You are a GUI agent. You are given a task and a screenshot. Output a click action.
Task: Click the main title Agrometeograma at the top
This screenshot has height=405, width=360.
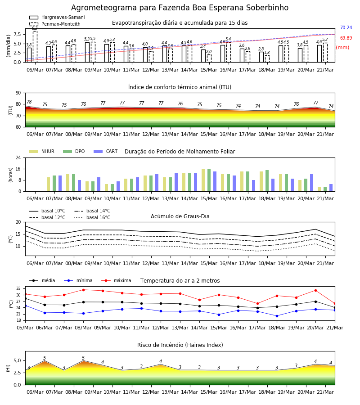click(x=180, y=8)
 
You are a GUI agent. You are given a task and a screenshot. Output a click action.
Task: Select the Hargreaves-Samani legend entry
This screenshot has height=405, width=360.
click(x=57, y=17)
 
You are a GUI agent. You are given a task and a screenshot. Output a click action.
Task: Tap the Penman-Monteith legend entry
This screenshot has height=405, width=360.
click(x=55, y=24)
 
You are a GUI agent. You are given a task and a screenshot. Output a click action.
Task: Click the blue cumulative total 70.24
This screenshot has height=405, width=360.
click(x=346, y=27)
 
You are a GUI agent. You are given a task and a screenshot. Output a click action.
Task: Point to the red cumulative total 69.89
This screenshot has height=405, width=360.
click(x=346, y=38)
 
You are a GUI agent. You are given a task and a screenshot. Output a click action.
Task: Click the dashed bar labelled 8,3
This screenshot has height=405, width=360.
click(x=35, y=46)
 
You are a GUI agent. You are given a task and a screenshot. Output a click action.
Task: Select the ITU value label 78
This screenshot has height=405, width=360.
click(x=29, y=102)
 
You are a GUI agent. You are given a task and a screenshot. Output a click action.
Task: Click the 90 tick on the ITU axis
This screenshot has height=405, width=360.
click(x=18, y=93)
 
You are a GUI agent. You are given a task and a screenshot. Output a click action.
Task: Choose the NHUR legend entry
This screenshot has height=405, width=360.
click(x=42, y=151)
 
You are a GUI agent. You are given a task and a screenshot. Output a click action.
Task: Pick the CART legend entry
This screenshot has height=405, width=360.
click(x=106, y=151)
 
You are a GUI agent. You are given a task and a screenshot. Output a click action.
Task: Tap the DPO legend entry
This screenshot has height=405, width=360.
click(x=74, y=151)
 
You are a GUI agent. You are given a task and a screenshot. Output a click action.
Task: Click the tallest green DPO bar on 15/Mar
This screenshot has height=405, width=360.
click(x=209, y=180)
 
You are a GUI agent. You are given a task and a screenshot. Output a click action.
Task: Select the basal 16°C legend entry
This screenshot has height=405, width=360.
click(x=92, y=217)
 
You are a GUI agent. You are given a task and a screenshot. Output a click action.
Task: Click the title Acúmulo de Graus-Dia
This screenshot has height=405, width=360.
click(x=180, y=216)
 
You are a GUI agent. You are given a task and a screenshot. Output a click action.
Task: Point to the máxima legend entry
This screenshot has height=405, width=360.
click(x=116, y=280)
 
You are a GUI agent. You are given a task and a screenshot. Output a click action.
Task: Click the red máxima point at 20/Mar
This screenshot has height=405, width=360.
click(x=315, y=291)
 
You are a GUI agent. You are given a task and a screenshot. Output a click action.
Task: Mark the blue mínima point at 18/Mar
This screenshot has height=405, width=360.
click(x=277, y=316)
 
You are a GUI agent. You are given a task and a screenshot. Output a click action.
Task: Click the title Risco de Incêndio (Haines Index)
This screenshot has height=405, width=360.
click(x=180, y=345)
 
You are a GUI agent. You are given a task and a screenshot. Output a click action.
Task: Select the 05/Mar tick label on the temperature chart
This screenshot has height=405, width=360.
click(x=25, y=328)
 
